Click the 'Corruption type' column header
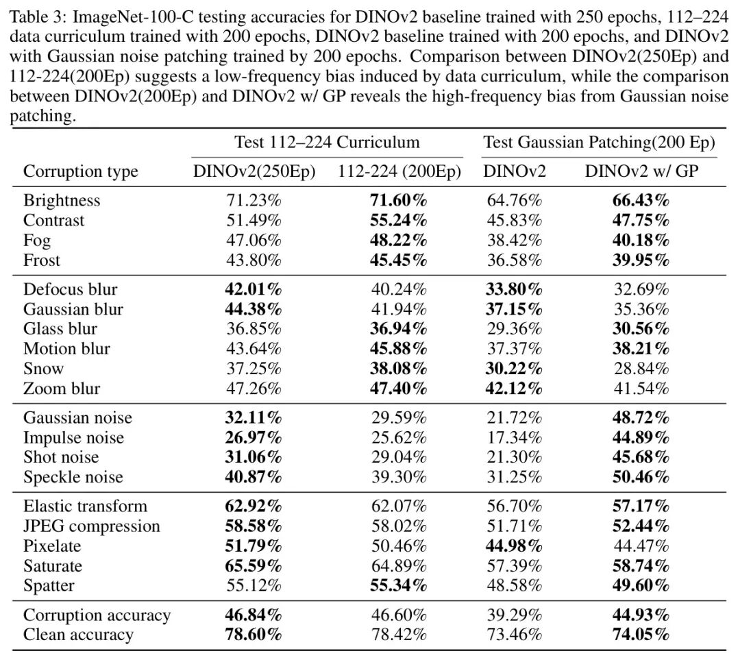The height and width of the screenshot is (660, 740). click(80, 171)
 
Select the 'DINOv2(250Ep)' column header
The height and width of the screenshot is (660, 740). click(254, 171)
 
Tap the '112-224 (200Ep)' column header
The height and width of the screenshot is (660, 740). click(399, 171)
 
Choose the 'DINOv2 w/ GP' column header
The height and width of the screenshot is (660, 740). click(641, 171)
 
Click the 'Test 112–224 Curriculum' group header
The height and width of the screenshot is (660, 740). click(327, 142)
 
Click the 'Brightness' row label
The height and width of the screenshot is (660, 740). click(62, 200)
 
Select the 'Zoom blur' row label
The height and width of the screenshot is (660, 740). click(62, 389)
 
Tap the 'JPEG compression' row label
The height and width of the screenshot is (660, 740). click(92, 526)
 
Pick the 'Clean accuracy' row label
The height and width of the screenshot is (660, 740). click(78, 635)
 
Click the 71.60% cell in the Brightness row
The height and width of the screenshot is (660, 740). click(399, 200)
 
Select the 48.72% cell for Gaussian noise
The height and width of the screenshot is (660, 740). click(641, 417)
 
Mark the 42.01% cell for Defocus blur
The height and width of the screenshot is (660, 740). click(254, 289)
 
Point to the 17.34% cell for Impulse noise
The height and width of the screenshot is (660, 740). click(514, 437)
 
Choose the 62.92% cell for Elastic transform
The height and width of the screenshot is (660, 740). click(254, 506)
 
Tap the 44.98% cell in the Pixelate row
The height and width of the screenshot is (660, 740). click(514, 546)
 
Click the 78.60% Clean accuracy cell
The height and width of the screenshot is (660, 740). click(254, 635)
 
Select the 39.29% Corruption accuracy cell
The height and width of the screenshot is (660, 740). click(514, 615)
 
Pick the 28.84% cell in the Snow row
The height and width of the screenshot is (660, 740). click(641, 369)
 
